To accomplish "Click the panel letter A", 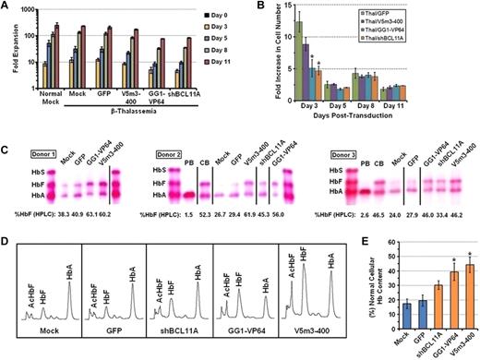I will tap(7, 8).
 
